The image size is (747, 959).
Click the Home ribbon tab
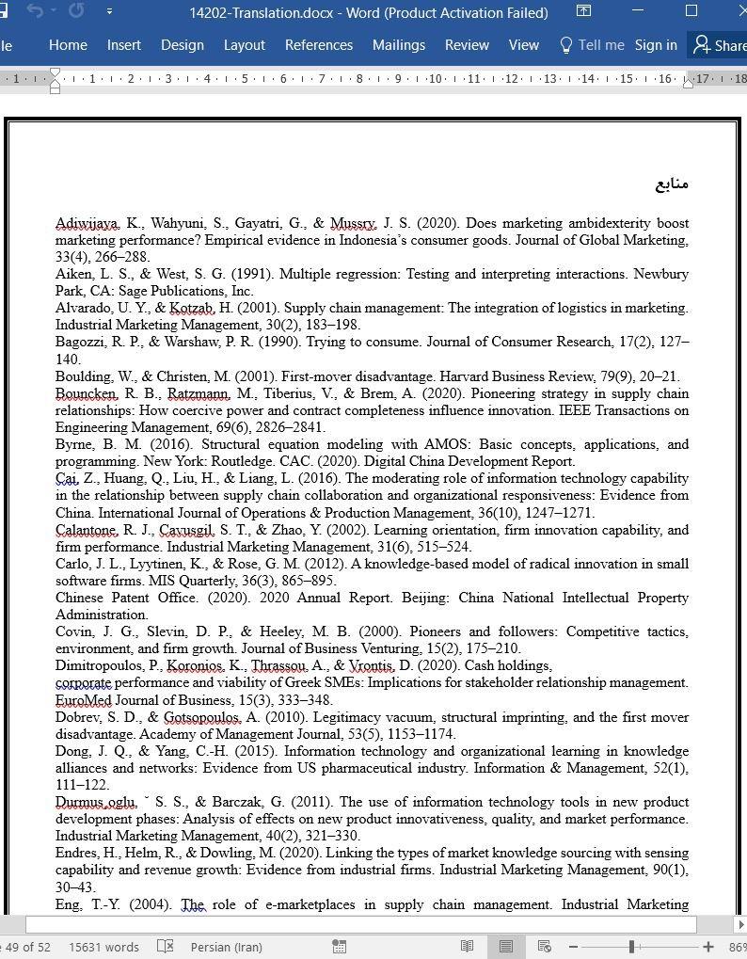click(x=68, y=45)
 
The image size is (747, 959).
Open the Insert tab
click(x=123, y=45)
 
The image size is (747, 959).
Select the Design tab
click(x=182, y=45)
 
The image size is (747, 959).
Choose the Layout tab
click(x=244, y=45)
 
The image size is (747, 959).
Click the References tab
click(x=319, y=45)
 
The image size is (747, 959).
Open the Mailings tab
click(x=399, y=45)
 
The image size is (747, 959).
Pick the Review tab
click(x=467, y=45)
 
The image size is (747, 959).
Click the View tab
click(x=523, y=45)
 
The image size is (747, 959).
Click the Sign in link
click(x=656, y=45)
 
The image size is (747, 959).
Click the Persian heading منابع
click(x=672, y=184)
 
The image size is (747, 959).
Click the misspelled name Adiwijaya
click(x=87, y=223)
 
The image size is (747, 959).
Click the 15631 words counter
click(x=103, y=947)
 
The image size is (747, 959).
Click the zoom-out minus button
click(x=573, y=947)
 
